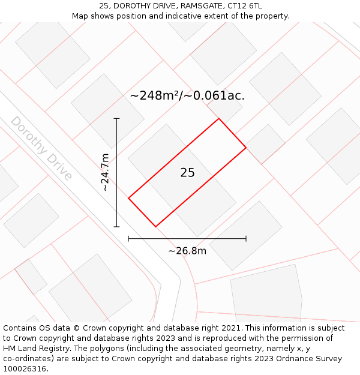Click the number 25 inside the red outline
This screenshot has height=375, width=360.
point(187,173)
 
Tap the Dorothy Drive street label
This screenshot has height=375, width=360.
point(41,148)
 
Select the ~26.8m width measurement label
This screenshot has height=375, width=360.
point(187,251)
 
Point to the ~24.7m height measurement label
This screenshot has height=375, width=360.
point(105,172)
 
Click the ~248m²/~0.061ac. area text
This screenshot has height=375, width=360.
point(187,95)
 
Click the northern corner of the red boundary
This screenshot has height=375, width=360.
point(218,118)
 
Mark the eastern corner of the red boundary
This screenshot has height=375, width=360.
point(246,147)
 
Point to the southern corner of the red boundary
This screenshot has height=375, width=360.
point(156,227)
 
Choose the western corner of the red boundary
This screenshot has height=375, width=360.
point(128,198)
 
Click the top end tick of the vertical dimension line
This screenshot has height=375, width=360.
point(117,119)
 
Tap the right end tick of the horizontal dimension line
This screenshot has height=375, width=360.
point(246,239)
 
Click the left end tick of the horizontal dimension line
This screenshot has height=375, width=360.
point(128,239)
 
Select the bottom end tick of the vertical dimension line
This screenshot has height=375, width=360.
point(117,227)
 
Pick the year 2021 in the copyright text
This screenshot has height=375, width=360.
point(230,328)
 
